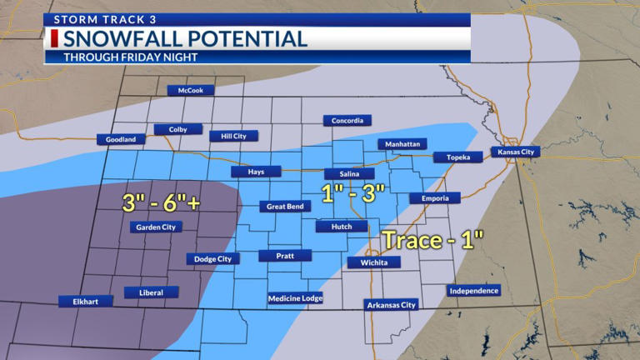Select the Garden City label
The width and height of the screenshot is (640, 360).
(x=155, y=227)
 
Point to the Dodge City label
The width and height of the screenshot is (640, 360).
(x=212, y=259)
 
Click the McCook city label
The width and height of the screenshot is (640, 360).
(x=191, y=91)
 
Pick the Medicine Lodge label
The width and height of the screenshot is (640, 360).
(x=295, y=298)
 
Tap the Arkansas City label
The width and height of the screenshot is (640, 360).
(x=391, y=305)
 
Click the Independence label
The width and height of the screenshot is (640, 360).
(x=473, y=291)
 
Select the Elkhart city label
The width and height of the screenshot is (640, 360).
(x=85, y=301)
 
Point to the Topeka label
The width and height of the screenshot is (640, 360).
(x=458, y=157)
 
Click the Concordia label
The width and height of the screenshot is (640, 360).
(x=347, y=121)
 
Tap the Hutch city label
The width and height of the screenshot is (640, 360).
(x=337, y=226)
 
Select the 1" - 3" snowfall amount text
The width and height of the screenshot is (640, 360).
(x=354, y=193)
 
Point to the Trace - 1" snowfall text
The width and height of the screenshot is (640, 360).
(x=433, y=241)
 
